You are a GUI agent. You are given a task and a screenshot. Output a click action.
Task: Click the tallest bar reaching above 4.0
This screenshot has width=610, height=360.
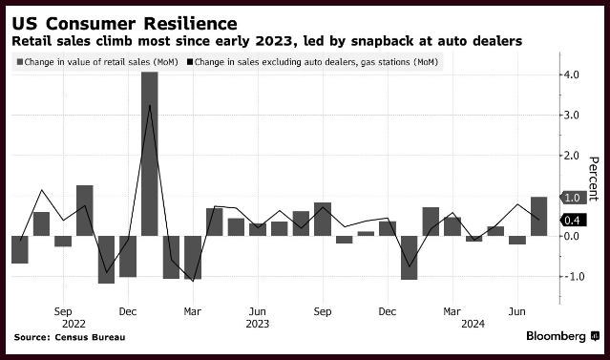[150, 154]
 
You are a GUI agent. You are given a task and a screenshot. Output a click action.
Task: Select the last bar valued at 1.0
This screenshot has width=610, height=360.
[538, 217]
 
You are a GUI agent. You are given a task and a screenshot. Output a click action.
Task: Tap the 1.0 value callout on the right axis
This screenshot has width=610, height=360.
[573, 198]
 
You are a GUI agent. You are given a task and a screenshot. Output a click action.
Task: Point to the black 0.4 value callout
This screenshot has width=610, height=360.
[573, 221]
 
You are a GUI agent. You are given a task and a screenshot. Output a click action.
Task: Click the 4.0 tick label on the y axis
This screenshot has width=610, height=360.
[572, 74]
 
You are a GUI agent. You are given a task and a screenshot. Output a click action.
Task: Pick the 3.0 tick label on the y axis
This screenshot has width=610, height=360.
[572, 116]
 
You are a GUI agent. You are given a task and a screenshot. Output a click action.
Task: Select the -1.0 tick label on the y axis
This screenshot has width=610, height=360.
[572, 276]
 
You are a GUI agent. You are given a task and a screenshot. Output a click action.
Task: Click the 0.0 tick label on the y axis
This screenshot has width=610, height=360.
[572, 236]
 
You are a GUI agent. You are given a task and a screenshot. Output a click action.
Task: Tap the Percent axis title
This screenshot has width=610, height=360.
[593, 179]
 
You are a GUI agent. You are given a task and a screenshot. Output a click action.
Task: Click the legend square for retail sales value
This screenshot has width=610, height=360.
[20, 62]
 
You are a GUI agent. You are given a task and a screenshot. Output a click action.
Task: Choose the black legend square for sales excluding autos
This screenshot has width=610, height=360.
[190, 62]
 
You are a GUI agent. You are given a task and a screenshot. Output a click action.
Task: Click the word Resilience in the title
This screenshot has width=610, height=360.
[190, 24]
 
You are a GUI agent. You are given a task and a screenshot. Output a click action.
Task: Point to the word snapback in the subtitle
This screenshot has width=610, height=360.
[383, 41]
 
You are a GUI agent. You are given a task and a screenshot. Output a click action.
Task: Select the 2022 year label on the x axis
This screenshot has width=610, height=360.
[74, 324]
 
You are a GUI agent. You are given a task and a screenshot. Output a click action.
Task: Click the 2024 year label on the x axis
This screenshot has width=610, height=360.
[473, 324]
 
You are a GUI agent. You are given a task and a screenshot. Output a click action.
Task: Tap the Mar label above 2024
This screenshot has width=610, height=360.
[452, 311]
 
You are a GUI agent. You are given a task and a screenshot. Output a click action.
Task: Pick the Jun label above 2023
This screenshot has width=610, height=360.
[258, 311]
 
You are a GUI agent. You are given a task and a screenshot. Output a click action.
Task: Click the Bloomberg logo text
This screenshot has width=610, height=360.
[556, 336]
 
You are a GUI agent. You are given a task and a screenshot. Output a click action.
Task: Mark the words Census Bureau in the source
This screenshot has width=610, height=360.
[91, 337]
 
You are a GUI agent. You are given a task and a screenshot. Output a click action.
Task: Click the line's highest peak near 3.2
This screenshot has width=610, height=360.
[150, 105]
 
